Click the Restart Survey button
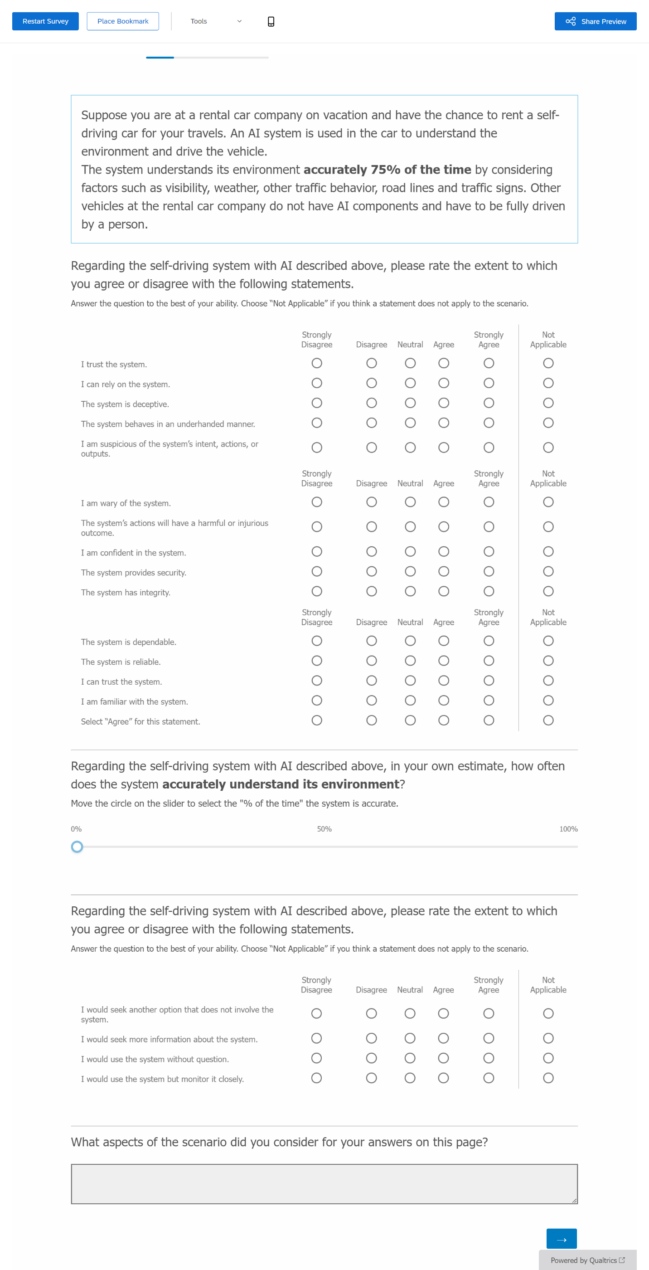coord(45,21)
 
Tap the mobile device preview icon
coord(271,21)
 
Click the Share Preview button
coord(595,21)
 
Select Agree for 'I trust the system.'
coord(444,363)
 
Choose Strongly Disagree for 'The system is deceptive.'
coord(317,403)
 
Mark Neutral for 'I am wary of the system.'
coord(410,502)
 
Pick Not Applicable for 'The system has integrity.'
coord(548,591)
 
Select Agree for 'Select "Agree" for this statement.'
coord(444,720)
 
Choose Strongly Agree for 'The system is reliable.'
coord(489,661)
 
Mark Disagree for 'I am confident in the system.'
coord(372,551)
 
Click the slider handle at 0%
coord(77,847)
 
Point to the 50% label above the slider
coord(324,829)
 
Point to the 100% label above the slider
coord(568,829)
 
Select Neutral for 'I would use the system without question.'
coord(410,1058)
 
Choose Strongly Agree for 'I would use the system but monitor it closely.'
coord(489,1078)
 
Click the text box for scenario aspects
coord(324,1184)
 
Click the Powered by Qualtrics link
coord(587,1260)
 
